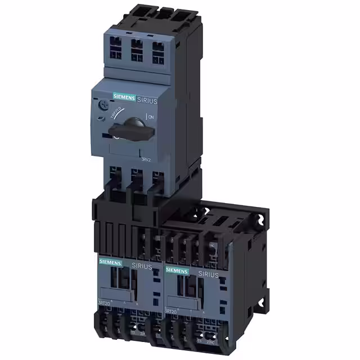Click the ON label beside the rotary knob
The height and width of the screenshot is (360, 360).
[x=150, y=116]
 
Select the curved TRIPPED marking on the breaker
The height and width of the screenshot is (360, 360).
[x=119, y=110]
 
